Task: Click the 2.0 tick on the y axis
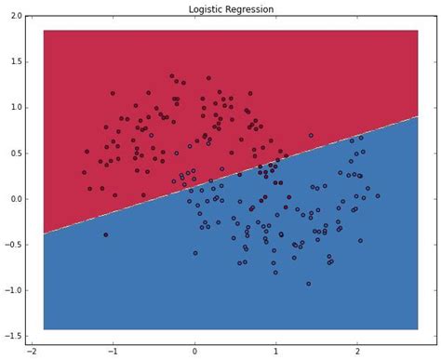15,16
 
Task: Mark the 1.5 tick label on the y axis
15,61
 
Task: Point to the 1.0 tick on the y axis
15,107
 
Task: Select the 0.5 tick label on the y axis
15,153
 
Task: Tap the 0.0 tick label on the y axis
15,198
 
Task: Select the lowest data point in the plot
309,284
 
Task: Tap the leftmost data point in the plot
84,172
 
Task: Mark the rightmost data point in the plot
378,195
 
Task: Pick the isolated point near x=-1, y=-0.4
105,234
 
